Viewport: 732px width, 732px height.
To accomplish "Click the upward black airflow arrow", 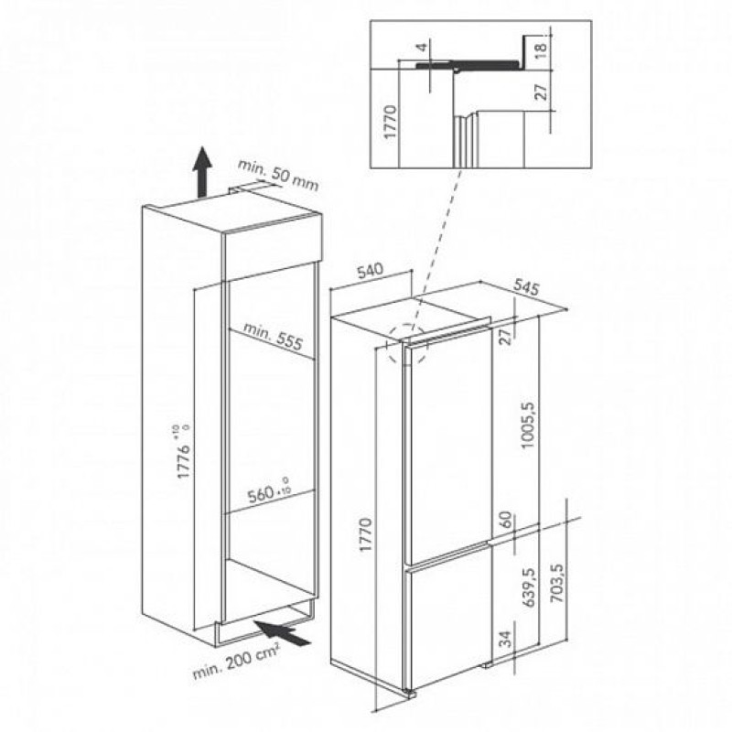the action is click(202, 172).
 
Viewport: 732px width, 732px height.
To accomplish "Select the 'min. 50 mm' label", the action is click(278, 175).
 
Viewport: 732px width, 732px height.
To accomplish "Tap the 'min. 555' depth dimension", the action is click(274, 336).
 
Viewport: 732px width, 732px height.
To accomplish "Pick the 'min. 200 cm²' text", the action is click(236, 660).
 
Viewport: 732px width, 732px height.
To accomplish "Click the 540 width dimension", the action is click(370, 270).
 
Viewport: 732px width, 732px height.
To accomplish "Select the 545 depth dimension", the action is click(526, 286).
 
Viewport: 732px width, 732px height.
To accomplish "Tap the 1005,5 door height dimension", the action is click(529, 425).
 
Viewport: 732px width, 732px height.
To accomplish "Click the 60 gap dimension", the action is click(506, 518).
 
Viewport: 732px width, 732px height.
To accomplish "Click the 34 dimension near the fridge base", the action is click(506, 638).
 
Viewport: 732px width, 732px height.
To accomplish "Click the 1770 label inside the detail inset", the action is click(391, 122).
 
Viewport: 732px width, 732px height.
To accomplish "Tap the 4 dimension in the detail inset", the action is click(421, 48).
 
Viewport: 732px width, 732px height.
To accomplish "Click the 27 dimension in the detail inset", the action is click(540, 92).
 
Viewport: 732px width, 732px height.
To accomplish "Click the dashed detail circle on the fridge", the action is click(407, 344).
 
